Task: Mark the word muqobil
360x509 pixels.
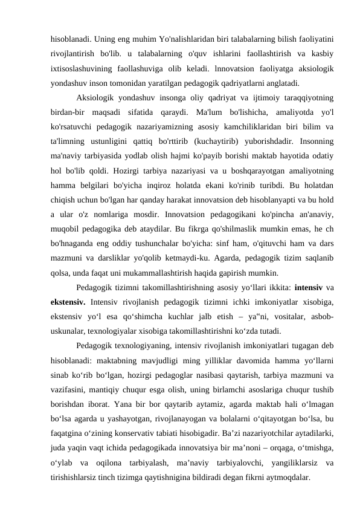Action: (x=66, y=228)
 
